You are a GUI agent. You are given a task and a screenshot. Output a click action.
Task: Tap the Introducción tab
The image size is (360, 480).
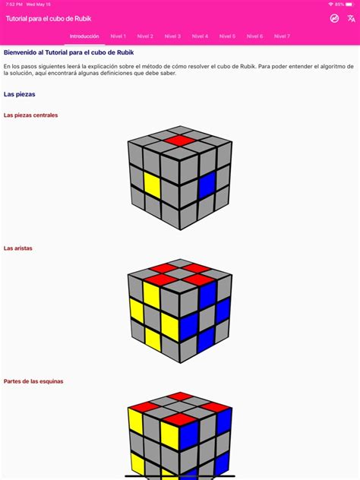(84, 36)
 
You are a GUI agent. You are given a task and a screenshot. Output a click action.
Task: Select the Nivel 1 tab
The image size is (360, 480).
(118, 36)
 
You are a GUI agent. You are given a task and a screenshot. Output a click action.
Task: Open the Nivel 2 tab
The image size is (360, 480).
(145, 36)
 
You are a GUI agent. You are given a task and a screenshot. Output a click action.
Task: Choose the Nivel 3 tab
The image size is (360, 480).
(172, 36)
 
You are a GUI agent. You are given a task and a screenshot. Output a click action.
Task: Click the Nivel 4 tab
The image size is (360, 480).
(200, 36)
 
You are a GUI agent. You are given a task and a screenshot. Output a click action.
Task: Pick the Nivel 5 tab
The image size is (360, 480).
(227, 36)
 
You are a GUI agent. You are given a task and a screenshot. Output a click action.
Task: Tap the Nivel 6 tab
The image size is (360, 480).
(254, 36)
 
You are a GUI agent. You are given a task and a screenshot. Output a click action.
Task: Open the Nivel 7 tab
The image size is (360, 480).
(282, 36)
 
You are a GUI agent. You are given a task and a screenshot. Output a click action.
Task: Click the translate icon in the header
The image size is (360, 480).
(350, 18)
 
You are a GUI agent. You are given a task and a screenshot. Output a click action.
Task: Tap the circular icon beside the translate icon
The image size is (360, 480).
(334, 18)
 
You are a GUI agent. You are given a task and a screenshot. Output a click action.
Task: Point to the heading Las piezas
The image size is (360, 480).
(19, 94)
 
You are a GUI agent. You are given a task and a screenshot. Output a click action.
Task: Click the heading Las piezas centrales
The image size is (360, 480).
(30, 115)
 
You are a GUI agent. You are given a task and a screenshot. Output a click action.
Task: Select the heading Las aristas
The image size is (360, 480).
(18, 248)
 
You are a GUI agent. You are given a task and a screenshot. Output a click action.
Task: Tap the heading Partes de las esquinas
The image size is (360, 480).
(33, 381)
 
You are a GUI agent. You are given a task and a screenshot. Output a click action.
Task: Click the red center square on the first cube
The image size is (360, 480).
(180, 141)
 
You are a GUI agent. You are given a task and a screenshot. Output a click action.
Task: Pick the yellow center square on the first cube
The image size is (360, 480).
(152, 185)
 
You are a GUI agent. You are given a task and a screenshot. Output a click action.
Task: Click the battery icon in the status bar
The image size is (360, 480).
(350, 4)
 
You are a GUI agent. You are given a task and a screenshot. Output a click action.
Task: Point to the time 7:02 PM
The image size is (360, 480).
(13, 4)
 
